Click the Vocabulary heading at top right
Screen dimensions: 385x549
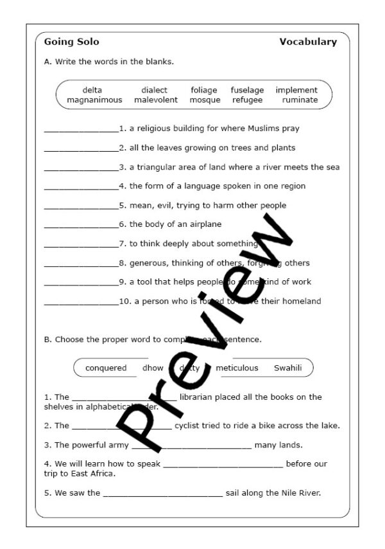click(x=308, y=42)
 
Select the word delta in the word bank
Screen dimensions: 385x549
click(x=92, y=91)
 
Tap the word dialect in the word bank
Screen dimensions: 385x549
click(x=155, y=91)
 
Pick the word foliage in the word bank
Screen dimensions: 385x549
click(x=204, y=91)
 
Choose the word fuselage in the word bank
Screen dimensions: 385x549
click(x=247, y=91)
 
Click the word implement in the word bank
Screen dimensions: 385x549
click(x=296, y=91)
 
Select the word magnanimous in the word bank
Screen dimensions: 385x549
click(x=94, y=100)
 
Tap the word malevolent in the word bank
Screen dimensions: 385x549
click(x=156, y=100)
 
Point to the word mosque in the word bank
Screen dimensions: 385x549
click(x=205, y=100)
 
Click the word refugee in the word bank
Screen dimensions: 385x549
click(x=247, y=100)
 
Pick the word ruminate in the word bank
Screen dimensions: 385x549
click(x=300, y=100)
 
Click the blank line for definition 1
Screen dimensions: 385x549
click(x=81, y=130)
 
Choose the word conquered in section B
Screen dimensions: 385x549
click(x=106, y=368)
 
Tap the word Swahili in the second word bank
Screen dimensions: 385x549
click(x=287, y=368)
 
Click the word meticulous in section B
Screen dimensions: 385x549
click(x=237, y=368)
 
